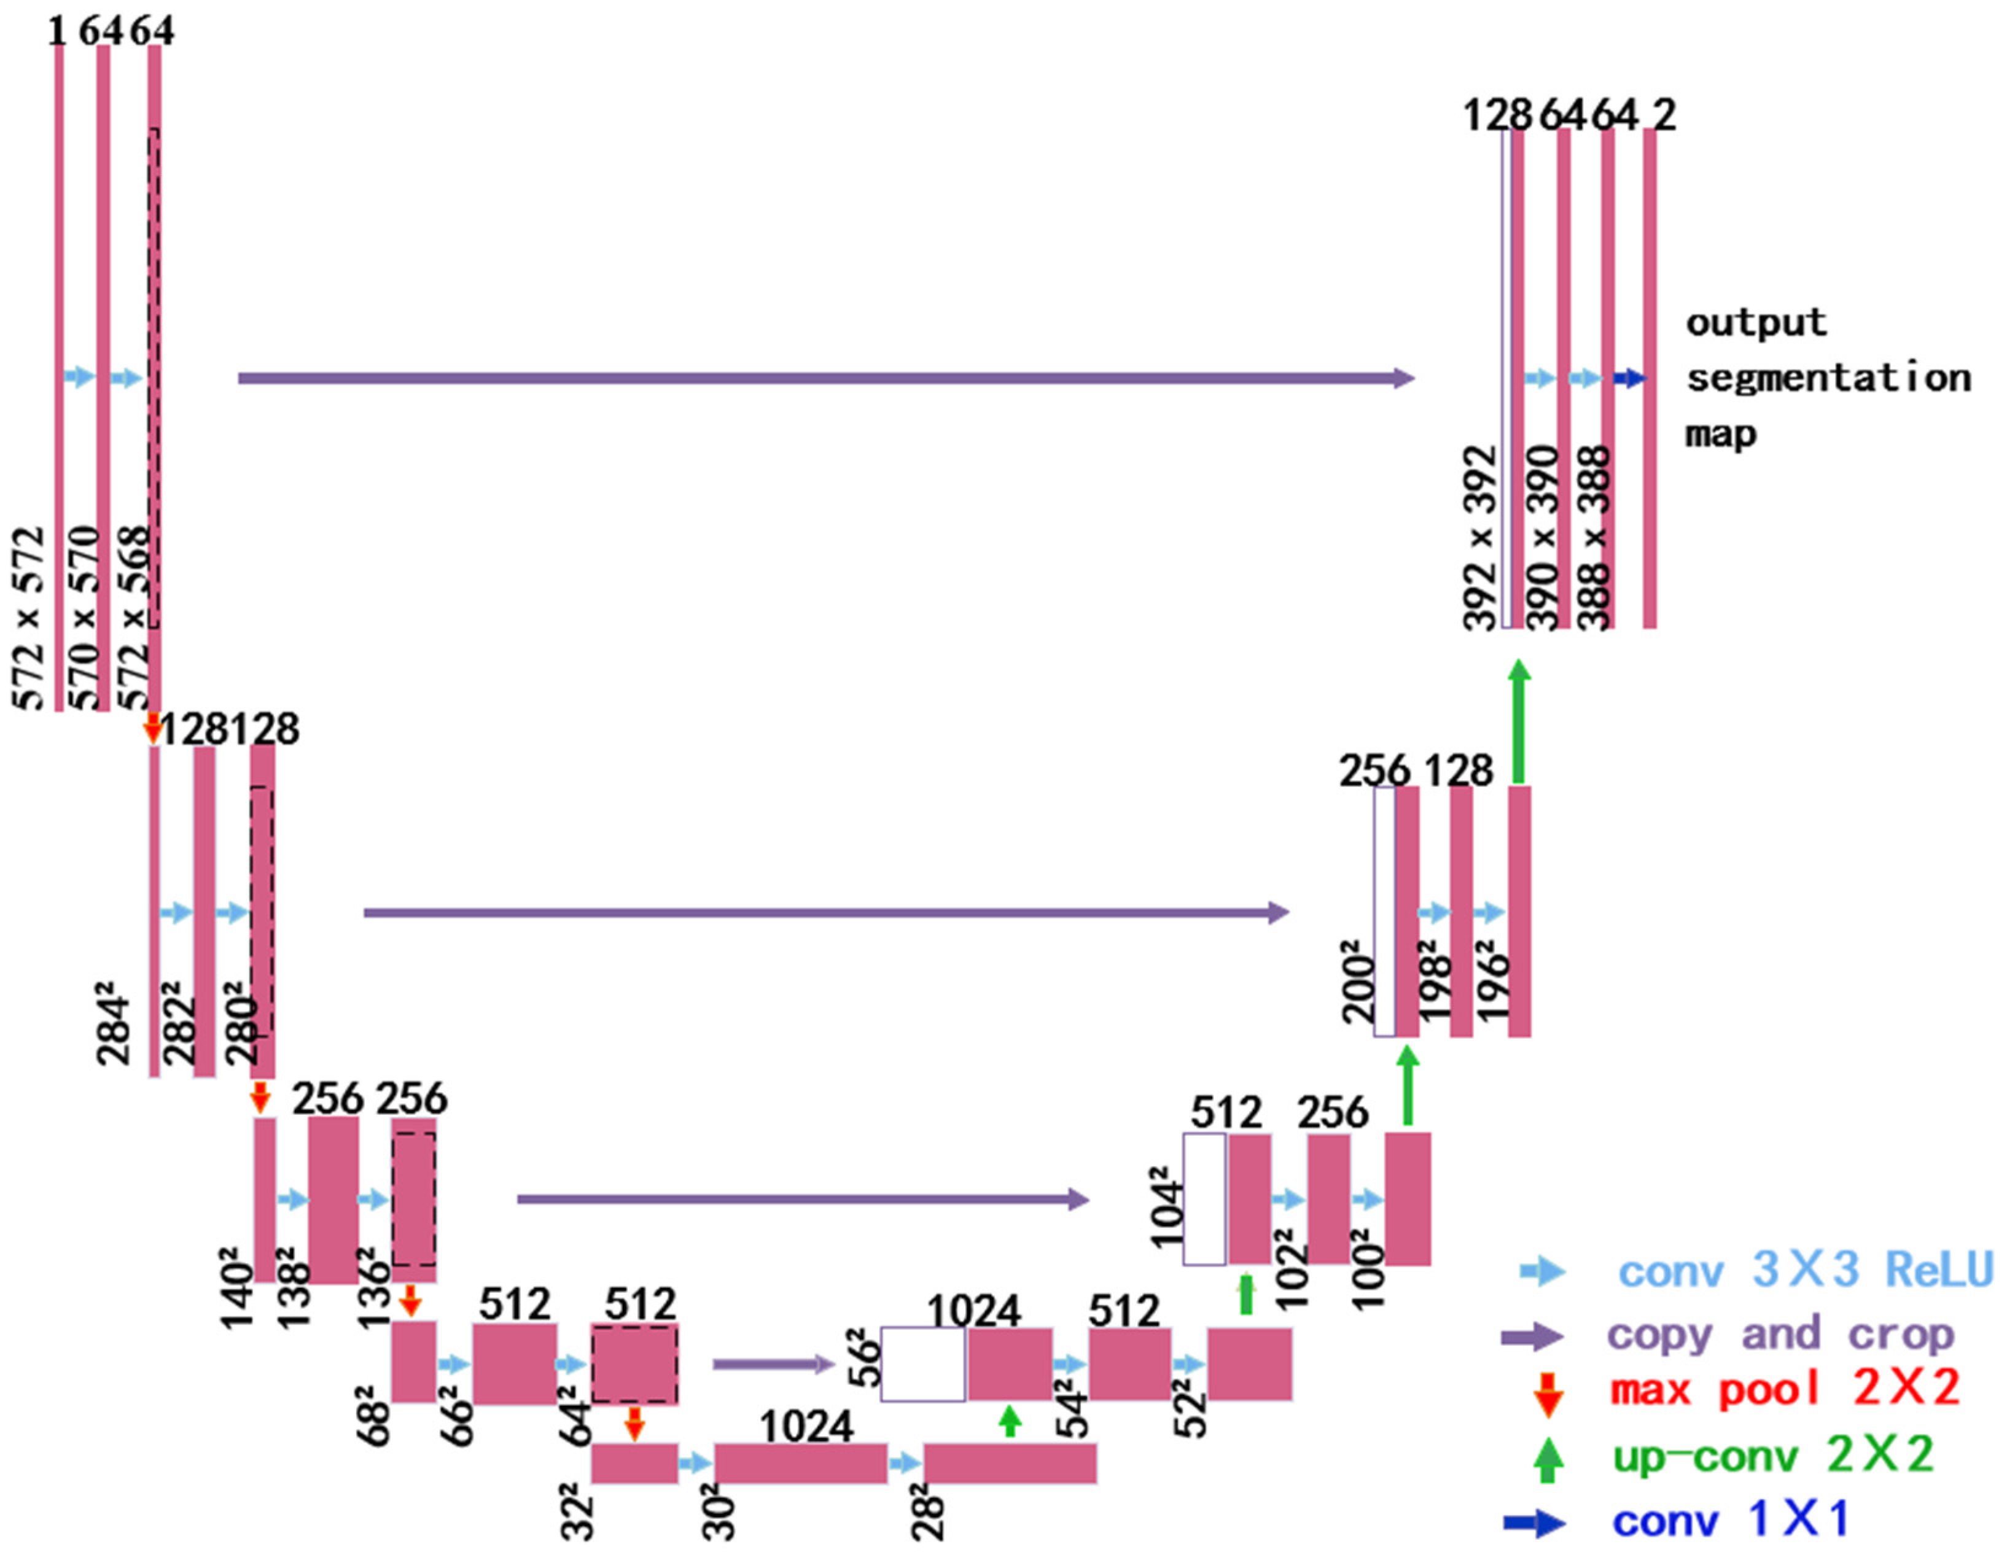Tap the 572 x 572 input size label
point(29,618)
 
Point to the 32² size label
point(577,1511)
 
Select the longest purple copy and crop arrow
point(825,378)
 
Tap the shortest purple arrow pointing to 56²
point(774,1365)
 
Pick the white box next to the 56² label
point(922,1365)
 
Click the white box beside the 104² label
point(1204,1198)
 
